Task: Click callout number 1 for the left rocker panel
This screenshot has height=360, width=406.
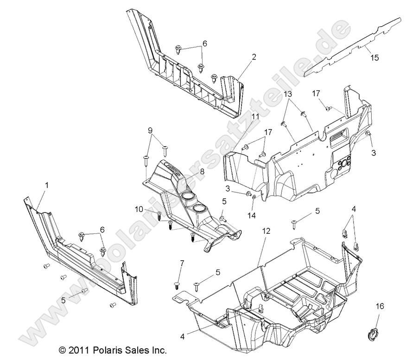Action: [x=45, y=185]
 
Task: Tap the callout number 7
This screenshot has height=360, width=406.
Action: [x=182, y=264]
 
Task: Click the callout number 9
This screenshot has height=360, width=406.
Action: [x=150, y=131]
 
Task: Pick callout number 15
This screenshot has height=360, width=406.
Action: [x=374, y=57]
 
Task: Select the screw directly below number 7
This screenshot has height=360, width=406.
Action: [x=177, y=282]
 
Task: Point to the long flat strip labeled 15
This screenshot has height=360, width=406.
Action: [x=352, y=46]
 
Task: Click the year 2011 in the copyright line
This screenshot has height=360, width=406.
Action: [x=77, y=350]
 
